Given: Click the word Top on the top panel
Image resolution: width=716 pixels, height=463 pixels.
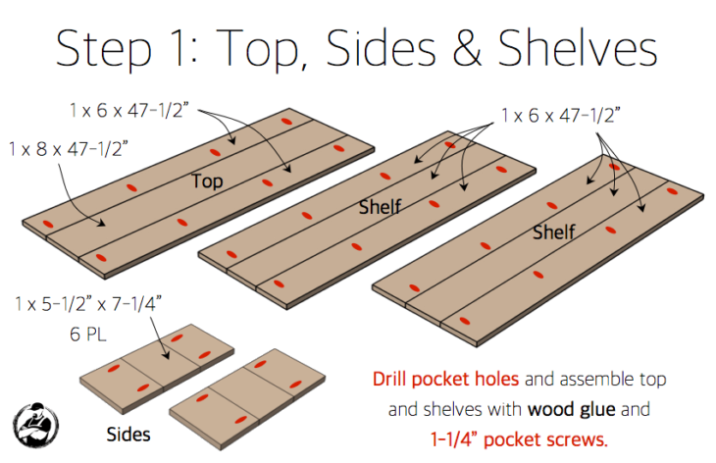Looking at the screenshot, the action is click(x=207, y=181).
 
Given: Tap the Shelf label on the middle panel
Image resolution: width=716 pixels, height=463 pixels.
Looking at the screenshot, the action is click(x=380, y=207).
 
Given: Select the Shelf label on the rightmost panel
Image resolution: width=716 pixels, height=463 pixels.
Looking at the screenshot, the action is click(x=554, y=232).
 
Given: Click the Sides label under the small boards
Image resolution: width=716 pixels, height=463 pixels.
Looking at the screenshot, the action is click(x=128, y=435).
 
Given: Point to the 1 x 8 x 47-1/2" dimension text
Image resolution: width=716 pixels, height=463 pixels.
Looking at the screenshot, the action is click(x=69, y=149).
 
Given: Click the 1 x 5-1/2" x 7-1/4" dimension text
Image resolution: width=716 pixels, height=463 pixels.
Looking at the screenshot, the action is click(x=88, y=304).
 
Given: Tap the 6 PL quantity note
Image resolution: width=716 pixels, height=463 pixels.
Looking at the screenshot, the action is click(x=88, y=334).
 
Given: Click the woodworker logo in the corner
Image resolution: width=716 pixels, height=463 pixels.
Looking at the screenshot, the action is click(x=35, y=426).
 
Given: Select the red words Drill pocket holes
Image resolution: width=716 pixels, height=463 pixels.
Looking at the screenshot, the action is click(x=445, y=379).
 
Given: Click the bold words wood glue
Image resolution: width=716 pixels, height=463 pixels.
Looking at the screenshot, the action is click(x=571, y=409).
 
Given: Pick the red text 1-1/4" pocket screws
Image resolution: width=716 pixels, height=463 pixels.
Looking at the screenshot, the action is click(x=519, y=439).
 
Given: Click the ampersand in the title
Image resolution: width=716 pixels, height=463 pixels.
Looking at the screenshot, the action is click(x=467, y=48).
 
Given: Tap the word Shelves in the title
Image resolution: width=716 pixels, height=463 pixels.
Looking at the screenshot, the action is click(x=577, y=48).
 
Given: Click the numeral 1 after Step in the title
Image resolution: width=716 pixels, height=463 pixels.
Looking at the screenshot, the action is click(x=179, y=49).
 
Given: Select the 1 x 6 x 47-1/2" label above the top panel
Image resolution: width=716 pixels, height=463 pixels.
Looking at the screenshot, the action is click(x=128, y=111).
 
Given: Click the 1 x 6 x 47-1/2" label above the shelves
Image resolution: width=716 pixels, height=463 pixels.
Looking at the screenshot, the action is click(x=561, y=116).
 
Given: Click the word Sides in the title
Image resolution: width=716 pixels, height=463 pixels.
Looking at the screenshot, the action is click(x=382, y=48).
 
